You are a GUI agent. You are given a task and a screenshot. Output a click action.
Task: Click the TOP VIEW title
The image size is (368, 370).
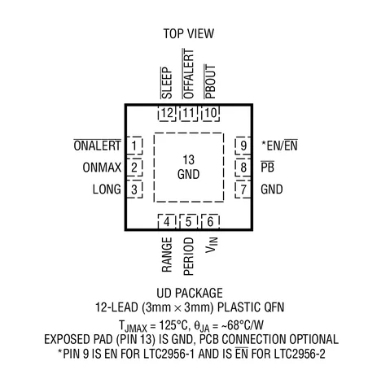(189, 33)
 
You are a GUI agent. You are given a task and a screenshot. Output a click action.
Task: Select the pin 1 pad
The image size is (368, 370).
(134, 146)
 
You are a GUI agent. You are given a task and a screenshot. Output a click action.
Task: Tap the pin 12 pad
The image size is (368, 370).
(167, 114)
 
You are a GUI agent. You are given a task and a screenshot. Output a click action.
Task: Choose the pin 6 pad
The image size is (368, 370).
(210, 221)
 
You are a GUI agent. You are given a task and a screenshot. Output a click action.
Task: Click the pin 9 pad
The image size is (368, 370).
(243, 146)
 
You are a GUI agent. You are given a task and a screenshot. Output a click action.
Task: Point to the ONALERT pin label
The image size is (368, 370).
(98, 146)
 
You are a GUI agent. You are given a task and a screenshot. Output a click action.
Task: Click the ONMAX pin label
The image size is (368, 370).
(102, 168)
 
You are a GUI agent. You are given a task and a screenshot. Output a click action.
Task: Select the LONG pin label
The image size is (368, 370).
(107, 189)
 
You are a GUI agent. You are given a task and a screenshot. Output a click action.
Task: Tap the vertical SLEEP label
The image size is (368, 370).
(166, 83)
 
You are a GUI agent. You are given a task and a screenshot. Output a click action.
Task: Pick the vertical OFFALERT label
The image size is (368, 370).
(188, 74)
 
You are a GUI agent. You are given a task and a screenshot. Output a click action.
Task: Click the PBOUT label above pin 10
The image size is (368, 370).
(210, 81)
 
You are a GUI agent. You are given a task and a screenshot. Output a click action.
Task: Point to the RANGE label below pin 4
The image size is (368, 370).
(167, 255)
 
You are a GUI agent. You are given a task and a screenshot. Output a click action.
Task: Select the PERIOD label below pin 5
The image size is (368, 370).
(189, 256)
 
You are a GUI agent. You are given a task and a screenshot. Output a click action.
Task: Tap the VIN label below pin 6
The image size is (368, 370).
(212, 245)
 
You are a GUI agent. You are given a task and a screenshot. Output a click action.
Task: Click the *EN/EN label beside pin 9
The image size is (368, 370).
(279, 146)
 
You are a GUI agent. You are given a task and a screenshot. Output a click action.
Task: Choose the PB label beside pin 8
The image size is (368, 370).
(267, 167)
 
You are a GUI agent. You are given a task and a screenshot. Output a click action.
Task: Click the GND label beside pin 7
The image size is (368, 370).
(272, 189)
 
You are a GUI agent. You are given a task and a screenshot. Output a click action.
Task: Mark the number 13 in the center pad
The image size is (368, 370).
(189, 159)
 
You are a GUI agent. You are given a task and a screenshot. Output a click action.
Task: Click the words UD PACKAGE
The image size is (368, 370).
(190, 293)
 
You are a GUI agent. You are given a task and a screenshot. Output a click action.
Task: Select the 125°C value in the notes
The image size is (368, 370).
(173, 325)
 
